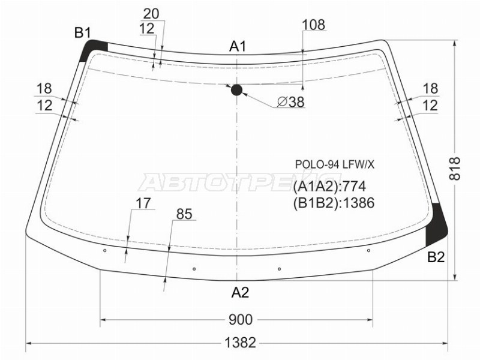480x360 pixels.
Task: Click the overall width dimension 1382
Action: tap(240, 343)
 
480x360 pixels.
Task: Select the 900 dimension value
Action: tap(241, 320)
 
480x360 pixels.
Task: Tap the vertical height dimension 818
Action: tap(455, 169)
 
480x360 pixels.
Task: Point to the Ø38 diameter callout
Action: tap(291, 102)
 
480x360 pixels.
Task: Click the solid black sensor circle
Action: tap(236, 90)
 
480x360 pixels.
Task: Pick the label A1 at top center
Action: tap(238, 47)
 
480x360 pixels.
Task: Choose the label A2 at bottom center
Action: tap(240, 293)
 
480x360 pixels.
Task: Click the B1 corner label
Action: tap(83, 32)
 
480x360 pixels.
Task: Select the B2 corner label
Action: tap(436, 257)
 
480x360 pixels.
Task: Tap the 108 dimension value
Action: tap(313, 25)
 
